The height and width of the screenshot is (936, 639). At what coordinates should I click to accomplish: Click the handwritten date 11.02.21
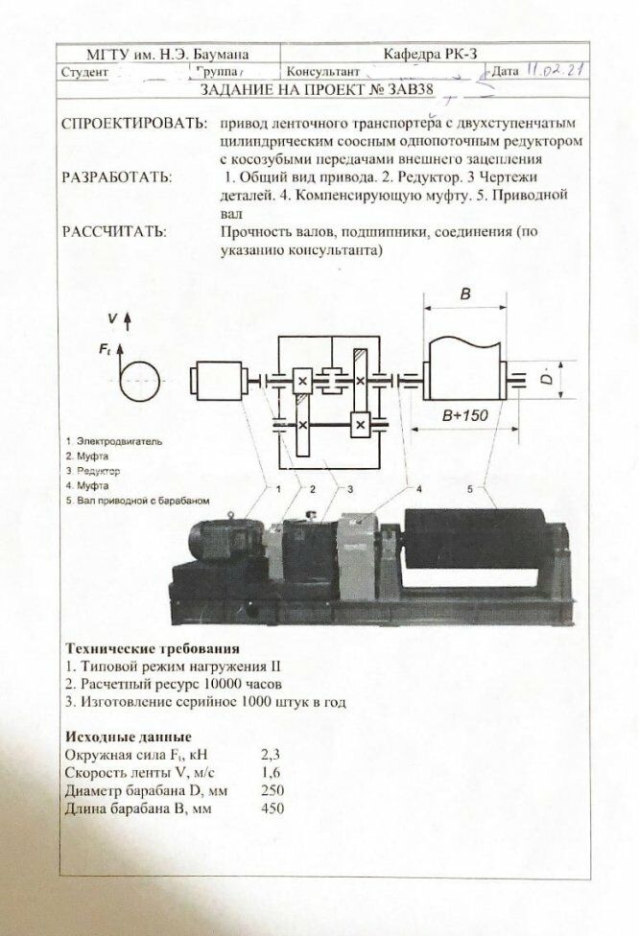pos(556,70)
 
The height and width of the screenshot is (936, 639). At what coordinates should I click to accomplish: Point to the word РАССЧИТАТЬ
pos(113,231)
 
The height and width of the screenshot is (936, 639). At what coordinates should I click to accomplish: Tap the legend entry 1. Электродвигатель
pos(114,441)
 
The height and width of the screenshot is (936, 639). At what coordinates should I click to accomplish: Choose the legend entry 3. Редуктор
pos(92,472)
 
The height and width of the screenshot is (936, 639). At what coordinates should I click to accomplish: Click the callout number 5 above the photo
pos(470,489)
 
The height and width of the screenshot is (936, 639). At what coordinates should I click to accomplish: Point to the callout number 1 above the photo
pos(278,489)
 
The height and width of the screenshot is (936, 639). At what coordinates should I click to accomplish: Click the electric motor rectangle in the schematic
pos(221,382)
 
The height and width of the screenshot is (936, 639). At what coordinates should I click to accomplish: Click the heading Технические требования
pos(152,648)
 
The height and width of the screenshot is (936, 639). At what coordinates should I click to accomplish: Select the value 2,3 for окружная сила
pos(271,756)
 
